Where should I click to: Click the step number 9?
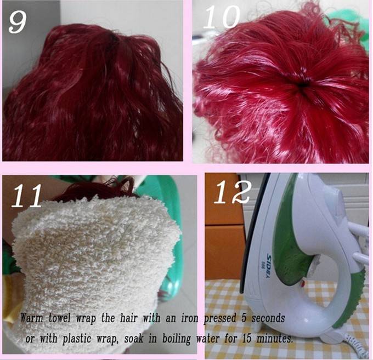coord(18,22)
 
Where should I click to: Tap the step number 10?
coord(222,17)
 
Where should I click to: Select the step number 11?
coord(27,196)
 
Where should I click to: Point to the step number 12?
coord(233,192)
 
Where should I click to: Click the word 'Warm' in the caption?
coord(32,318)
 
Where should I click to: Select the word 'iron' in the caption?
coord(190,318)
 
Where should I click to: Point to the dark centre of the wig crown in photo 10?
coord(303,85)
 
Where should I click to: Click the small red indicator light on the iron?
coord(303,283)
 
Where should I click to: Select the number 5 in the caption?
coord(244,318)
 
